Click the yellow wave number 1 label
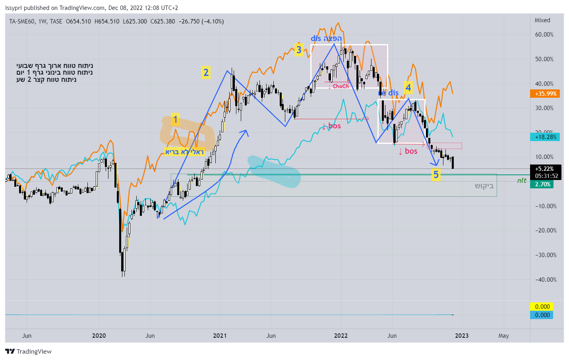pos(175,120)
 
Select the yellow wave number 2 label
pos(206,73)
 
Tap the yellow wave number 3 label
pos(299,50)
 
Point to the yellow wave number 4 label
pos(408,87)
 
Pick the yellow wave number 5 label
pos(436,174)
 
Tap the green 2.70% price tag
pos(542,184)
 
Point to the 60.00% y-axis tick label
pos(544,35)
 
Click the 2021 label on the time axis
pos(220,336)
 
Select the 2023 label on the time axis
pos(462,336)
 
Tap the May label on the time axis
pos(503,336)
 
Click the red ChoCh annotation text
pos(341,86)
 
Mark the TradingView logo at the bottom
pos(29,352)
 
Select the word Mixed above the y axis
pos(542,20)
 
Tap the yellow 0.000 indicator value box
pos(542,307)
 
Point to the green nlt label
pos(522,180)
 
